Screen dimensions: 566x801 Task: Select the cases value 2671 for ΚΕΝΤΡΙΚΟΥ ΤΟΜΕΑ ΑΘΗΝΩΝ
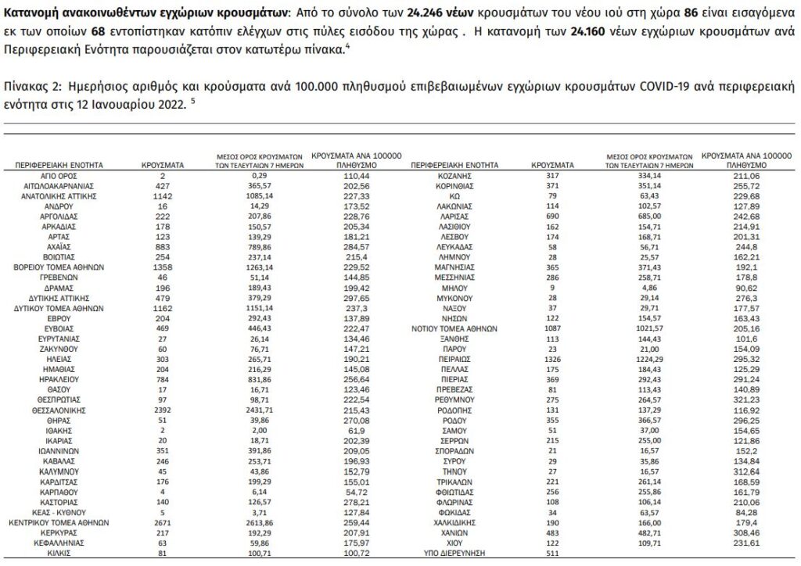(163, 521)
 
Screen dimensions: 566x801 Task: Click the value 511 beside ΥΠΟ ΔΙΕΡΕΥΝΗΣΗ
(554, 553)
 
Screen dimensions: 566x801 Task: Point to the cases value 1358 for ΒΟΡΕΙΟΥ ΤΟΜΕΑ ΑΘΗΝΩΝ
(163, 266)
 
